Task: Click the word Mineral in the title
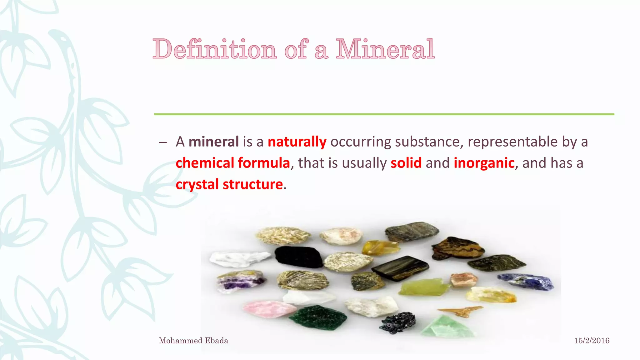tap(385, 49)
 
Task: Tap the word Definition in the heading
tap(215, 49)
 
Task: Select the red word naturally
tap(297, 142)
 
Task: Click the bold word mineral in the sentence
tap(214, 142)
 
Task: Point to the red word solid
tap(406, 163)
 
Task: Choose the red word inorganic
tap(484, 163)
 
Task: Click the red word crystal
tap(197, 184)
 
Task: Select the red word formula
tap(264, 163)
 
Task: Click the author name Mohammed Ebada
tap(193, 341)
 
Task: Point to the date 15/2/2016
tap(592, 341)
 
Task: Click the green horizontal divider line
tap(384, 114)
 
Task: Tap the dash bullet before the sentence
tap(162, 142)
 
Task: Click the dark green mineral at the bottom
tap(318, 317)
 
